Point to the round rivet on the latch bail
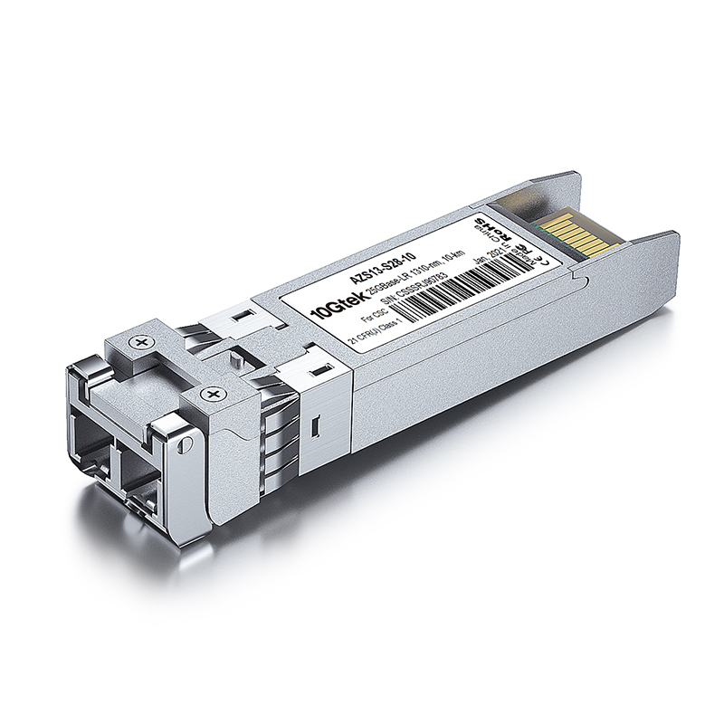[185, 443]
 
